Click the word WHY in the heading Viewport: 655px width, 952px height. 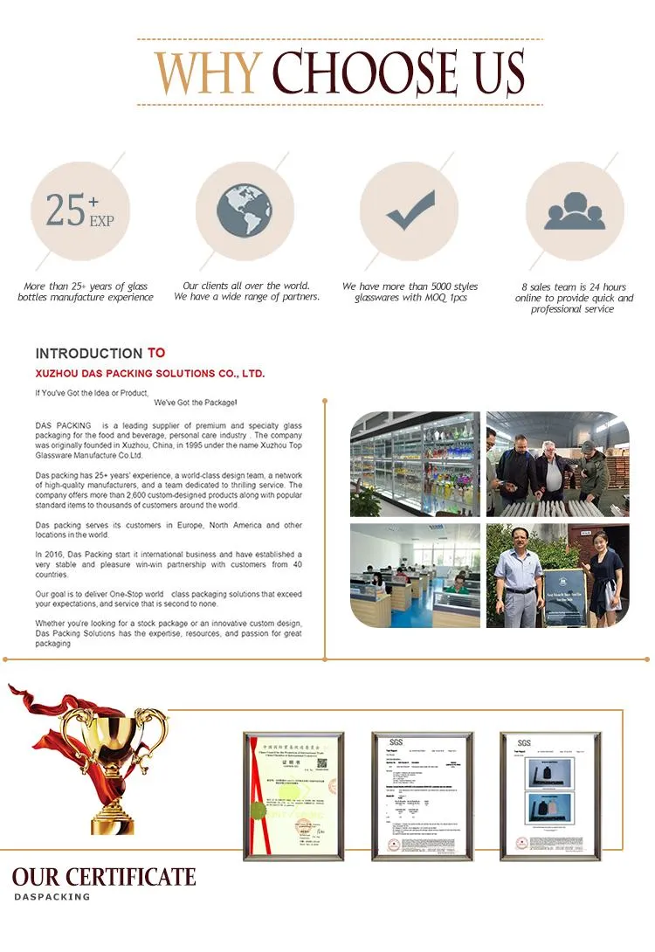[207, 73]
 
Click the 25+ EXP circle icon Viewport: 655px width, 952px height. [79, 210]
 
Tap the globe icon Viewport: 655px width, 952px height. [245, 210]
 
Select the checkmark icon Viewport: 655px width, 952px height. [410, 210]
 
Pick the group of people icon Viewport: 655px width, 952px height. [575, 210]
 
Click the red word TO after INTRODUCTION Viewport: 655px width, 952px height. [156, 353]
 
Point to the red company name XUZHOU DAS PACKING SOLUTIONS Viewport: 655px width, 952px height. [149, 373]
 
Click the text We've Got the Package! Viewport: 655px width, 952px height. [196, 403]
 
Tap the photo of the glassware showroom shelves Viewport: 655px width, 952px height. [415, 464]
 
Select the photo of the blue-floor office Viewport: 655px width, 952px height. [415, 574]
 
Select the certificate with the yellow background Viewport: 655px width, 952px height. [294, 796]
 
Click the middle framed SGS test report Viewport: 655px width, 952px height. [423, 796]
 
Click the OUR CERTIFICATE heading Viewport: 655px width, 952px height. [104, 877]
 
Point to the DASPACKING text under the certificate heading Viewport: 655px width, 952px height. [52, 897]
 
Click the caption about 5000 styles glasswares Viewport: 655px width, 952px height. [410, 292]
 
